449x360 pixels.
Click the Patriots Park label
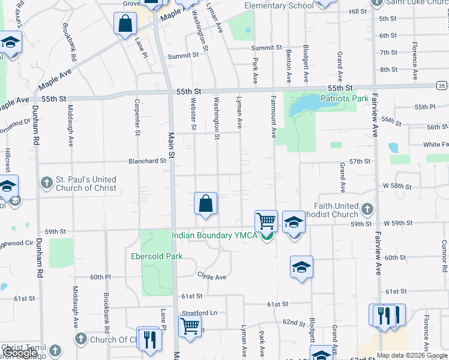[344, 98]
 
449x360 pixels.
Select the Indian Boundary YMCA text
[214, 235]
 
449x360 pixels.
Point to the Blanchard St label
[148, 161]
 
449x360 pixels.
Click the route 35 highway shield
[442, 86]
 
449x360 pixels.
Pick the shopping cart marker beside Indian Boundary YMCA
[266, 220]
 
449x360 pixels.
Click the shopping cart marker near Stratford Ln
[190, 327]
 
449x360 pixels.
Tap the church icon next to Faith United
[367, 209]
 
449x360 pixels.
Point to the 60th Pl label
[100, 277]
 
